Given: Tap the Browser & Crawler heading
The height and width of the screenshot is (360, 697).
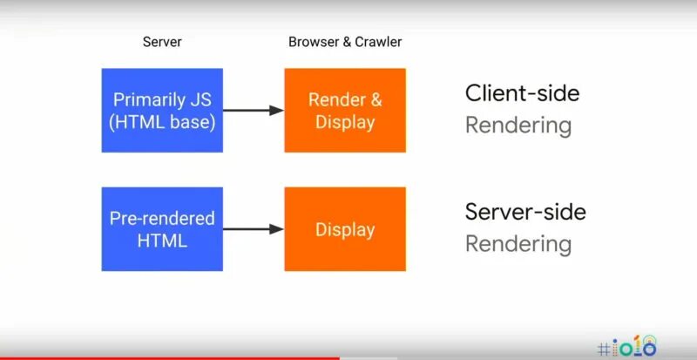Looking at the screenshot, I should (x=345, y=43).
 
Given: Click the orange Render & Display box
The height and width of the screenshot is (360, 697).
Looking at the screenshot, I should (x=345, y=111).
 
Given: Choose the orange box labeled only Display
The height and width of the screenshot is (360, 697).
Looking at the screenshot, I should (x=345, y=229).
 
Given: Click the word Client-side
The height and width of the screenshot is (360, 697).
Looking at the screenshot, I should (x=522, y=93).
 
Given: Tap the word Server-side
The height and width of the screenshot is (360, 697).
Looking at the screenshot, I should (x=525, y=212).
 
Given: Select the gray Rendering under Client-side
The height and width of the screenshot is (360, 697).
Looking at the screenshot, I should (x=518, y=126).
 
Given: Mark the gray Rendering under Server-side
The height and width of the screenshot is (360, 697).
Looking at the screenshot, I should (x=518, y=244).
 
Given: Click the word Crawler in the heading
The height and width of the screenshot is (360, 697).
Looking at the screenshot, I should (x=379, y=43).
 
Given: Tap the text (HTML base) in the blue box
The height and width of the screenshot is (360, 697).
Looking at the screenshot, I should (x=162, y=122).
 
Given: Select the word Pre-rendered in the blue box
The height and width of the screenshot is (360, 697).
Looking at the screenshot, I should (x=162, y=218).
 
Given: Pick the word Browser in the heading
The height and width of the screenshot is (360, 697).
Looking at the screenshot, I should (x=312, y=43).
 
